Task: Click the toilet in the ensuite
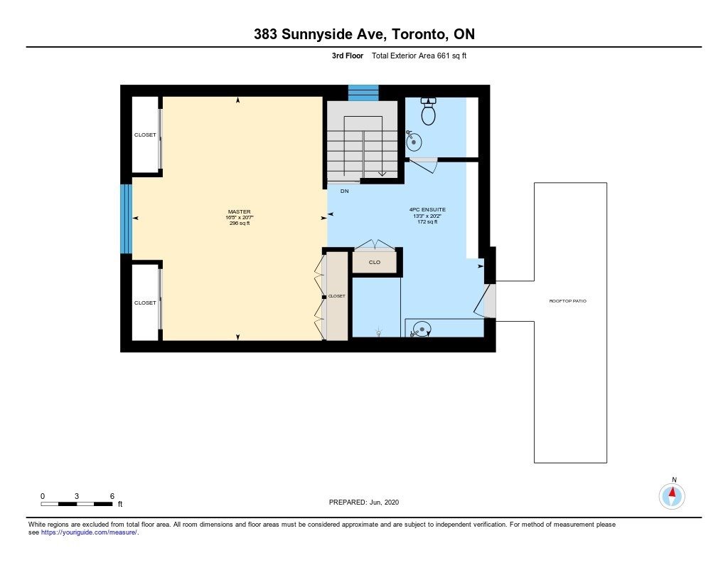[x=428, y=111]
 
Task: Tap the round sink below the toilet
[x=414, y=142]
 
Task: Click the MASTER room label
[x=239, y=211]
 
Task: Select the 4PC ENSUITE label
[x=427, y=210]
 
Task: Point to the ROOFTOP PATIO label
[x=568, y=301]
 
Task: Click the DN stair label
[x=345, y=191]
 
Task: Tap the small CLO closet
[x=375, y=262]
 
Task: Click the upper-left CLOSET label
[x=145, y=135]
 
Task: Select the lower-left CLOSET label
[x=145, y=302]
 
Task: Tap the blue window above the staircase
[x=363, y=93]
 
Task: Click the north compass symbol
[x=672, y=496]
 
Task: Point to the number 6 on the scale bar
[x=112, y=496]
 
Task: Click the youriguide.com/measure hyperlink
[x=89, y=532]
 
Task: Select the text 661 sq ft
[x=451, y=56]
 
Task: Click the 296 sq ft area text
[x=239, y=223]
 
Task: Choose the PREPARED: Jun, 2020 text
[x=364, y=502]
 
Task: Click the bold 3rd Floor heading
[x=347, y=56]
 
